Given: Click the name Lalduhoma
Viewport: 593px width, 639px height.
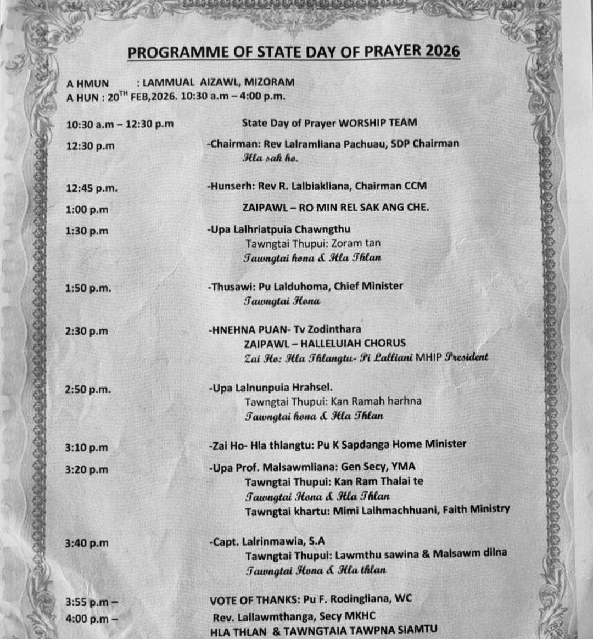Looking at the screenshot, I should point(296,286).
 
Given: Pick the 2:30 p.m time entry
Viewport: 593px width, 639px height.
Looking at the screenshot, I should point(87,331).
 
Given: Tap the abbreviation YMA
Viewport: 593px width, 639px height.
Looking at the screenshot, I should point(404,467).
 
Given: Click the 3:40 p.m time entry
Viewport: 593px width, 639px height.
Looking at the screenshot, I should point(87,543).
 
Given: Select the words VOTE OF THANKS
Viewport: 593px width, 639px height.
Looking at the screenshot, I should point(249,599).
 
